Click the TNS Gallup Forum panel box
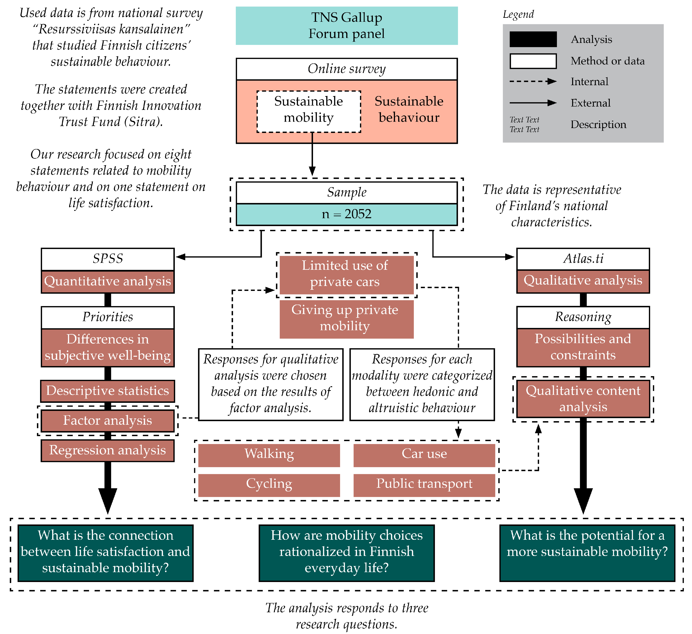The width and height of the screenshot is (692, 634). coord(346,26)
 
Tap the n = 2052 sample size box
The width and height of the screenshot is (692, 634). coord(346,214)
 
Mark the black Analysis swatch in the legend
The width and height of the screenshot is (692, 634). coord(533,39)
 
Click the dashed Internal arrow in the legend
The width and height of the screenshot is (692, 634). coord(533,81)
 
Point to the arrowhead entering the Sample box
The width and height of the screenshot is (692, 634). coord(312,171)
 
